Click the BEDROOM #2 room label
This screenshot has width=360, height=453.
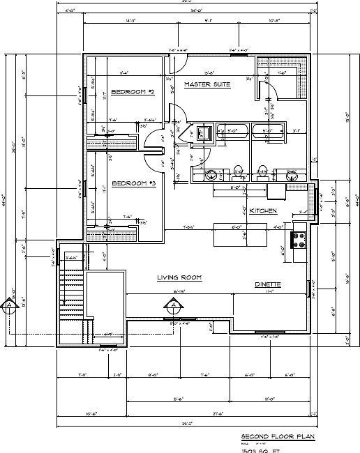[x=132, y=91]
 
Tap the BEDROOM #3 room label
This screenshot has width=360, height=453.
[x=133, y=183]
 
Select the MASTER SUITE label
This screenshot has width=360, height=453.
[x=207, y=84]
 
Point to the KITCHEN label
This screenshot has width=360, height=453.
[x=264, y=210]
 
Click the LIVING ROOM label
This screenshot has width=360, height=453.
[x=179, y=277]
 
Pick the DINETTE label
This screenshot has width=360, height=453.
[x=267, y=284]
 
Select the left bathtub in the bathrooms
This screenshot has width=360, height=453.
[x=230, y=130]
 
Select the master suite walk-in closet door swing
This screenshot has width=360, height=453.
[x=269, y=87]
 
